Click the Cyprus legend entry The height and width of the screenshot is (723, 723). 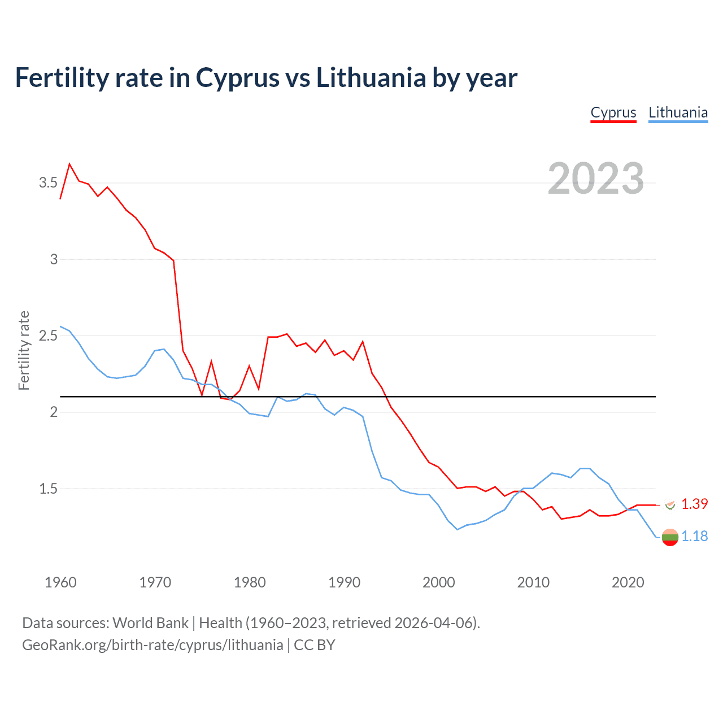click(613, 112)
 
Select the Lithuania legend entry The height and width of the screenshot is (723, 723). click(678, 112)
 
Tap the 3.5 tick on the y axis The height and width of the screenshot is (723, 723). click(48, 182)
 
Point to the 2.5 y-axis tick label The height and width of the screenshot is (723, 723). click(48, 336)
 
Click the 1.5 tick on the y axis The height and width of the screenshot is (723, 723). click(48, 489)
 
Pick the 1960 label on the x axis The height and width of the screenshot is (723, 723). click(60, 582)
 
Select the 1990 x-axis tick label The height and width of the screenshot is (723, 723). click(344, 582)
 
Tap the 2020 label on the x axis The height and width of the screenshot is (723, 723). click(628, 582)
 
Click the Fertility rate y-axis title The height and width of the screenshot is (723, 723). click(24, 350)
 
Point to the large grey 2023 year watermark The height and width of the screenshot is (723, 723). click(596, 178)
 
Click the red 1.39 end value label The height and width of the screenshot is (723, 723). click(694, 504)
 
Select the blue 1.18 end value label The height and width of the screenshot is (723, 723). click(694, 536)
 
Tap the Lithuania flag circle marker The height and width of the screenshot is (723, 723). click(670, 537)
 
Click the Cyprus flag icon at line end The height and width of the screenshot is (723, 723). click(670, 504)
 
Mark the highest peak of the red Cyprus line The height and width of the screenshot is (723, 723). click(69, 164)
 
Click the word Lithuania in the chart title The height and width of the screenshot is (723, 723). click(371, 77)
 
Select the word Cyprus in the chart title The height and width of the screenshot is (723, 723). click(237, 77)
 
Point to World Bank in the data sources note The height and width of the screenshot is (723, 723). click(150, 623)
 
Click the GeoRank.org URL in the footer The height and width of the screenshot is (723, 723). click(153, 645)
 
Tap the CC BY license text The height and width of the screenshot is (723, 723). click(315, 645)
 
